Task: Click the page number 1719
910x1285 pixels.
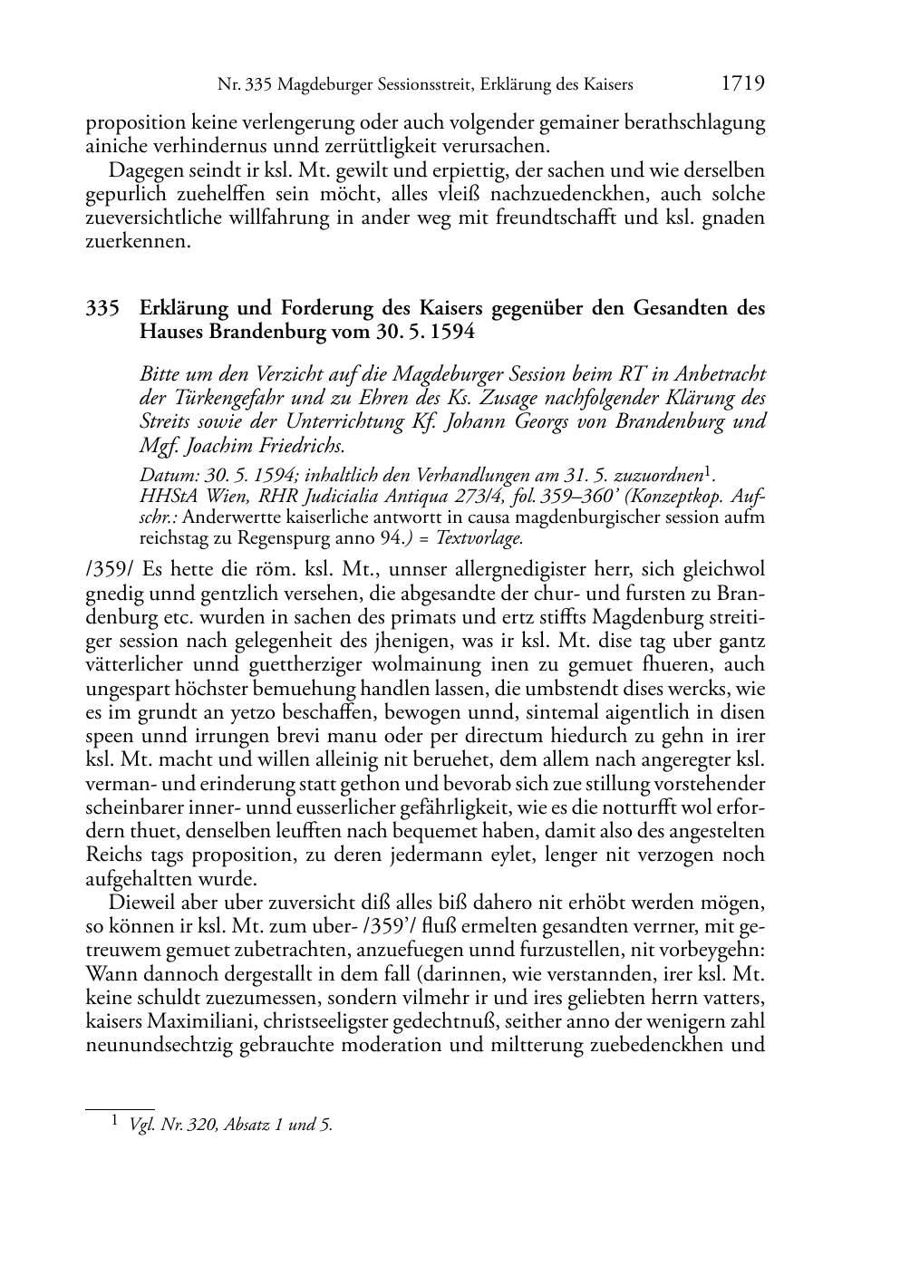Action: [x=742, y=84]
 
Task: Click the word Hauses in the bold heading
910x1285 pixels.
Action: [x=170, y=332]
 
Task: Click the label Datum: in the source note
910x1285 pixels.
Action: [x=167, y=475]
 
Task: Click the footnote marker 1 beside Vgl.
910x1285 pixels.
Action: [x=115, y=1123]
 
